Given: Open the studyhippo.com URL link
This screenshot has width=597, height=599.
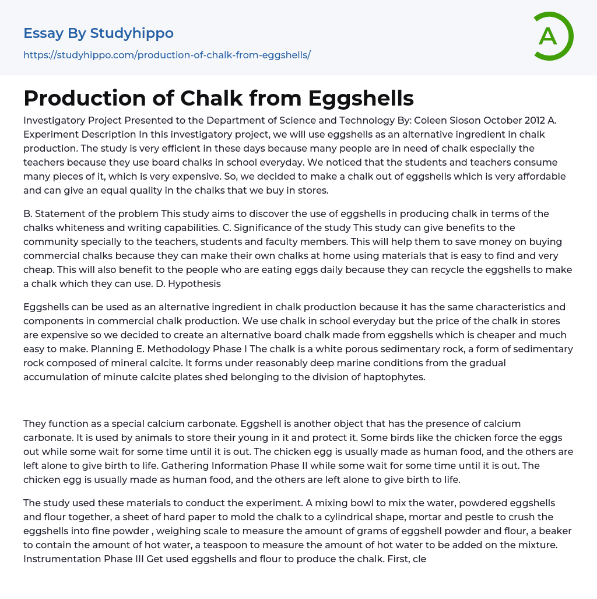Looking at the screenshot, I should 167,55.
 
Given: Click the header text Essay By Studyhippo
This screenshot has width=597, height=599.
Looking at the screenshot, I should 99,33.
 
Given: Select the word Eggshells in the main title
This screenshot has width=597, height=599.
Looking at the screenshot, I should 361,99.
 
